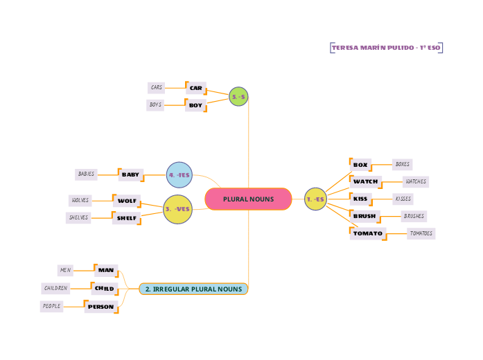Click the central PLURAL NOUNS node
pyautogui.click(x=248, y=199)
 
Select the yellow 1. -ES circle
pyautogui.click(x=315, y=199)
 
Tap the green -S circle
pyautogui.click(x=238, y=97)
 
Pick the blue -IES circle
pyautogui.click(x=179, y=174)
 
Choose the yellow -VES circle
pyautogui.click(x=177, y=209)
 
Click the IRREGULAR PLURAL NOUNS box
pyautogui.click(x=193, y=289)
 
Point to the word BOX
pyautogui.click(x=360, y=165)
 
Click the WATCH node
pyautogui.click(x=366, y=181)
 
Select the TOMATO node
pyautogui.click(x=367, y=233)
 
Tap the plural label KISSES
pyautogui.click(x=402, y=199)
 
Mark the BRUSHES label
pyautogui.click(x=414, y=216)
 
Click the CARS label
pyautogui.click(x=157, y=88)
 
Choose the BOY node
pyautogui.click(x=196, y=105)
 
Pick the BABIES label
pyautogui.click(x=87, y=174)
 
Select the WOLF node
pyautogui.click(x=127, y=201)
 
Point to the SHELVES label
pyautogui.click(x=78, y=217)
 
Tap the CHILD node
pyautogui.click(x=105, y=288)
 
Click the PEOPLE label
pyautogui.click(x=51, y=306)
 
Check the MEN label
pyautogui.click(x=66, y=270)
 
